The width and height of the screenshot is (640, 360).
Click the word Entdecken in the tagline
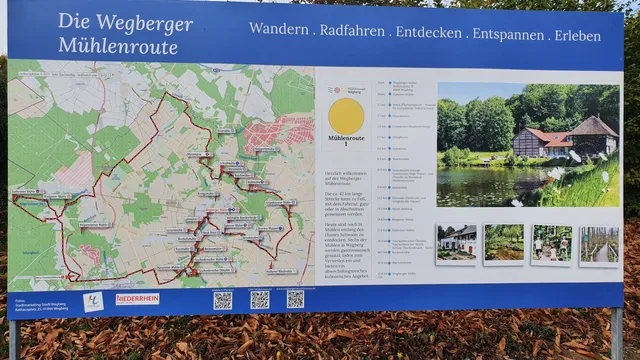[428, 33]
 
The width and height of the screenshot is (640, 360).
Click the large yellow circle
[346, 115]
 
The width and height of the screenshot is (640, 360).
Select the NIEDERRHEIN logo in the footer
[137, 298]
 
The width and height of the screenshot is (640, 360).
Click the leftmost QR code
[222, 299]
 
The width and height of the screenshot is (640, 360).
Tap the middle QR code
[259, 299]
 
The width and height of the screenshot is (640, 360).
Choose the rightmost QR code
[295, 299]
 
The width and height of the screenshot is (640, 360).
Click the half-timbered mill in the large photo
[566, 140]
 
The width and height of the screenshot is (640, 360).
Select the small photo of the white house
[456, 244]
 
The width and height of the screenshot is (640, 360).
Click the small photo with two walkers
[551, 244]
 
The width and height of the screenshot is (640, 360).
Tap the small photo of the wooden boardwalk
[600, 244]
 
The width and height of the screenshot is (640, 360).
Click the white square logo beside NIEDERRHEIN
[93, 301]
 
